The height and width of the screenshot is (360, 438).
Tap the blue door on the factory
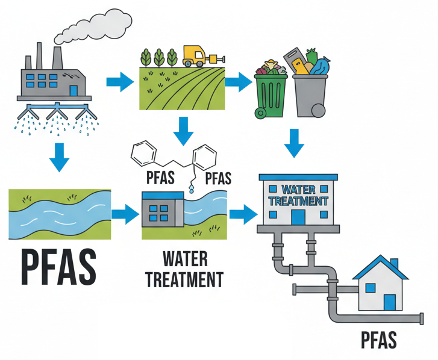[74, 90]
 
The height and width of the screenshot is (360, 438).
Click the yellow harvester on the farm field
[196, 56]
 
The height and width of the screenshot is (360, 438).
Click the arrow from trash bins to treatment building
[294, 142]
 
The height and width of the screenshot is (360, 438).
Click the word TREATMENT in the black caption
[185, 280]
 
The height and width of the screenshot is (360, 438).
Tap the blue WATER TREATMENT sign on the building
[298, 194]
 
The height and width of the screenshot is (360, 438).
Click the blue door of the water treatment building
[298, 216]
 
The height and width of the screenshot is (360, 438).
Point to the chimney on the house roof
[395, 265]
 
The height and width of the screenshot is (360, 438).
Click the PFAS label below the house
[379, 340]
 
